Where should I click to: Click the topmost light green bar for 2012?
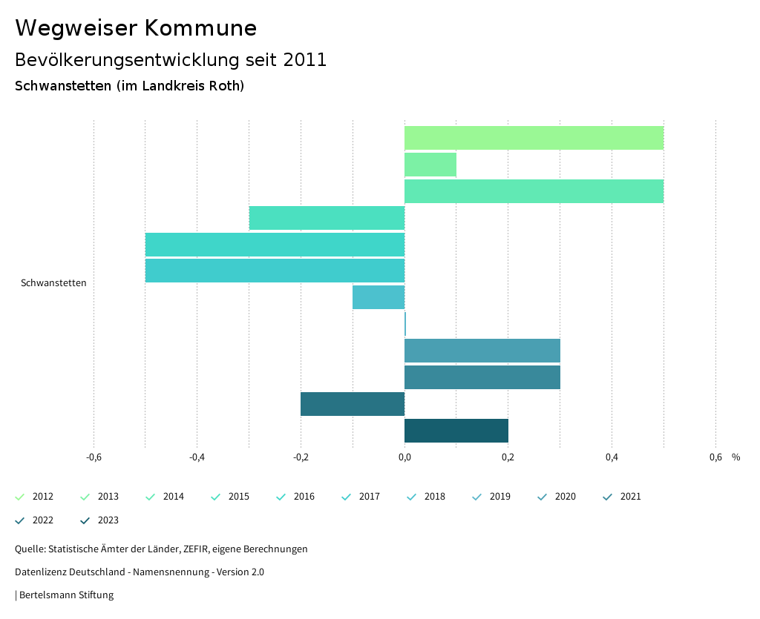pos(534,138)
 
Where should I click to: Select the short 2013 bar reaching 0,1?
pos(430,165)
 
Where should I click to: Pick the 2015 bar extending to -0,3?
pos(327,218)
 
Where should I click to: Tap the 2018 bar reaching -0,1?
pos(379,297)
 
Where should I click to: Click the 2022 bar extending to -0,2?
pos(353,404)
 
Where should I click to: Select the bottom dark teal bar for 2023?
pos(456,431)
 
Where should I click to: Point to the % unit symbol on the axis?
pos(736,457)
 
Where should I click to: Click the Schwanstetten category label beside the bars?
pos(53,283)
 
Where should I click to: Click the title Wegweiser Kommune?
pos(136,28)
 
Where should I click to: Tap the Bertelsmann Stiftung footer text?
pos(66,595)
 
